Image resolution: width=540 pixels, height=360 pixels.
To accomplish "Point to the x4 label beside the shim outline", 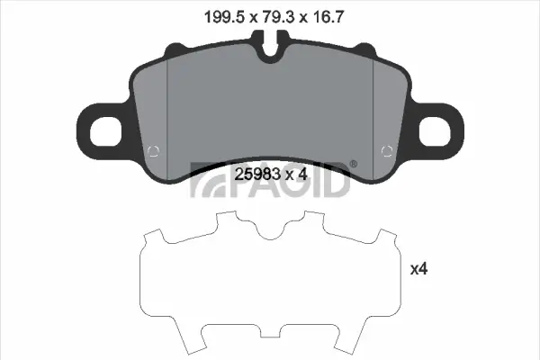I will coord(418,268).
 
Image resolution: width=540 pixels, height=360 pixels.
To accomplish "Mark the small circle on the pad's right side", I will coord(389,150).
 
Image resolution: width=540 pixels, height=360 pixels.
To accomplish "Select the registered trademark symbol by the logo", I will coord(353,164).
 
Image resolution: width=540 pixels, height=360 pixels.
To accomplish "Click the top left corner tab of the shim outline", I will coord(153,236).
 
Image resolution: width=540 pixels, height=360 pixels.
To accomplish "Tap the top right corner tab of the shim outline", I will coord(387,236).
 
